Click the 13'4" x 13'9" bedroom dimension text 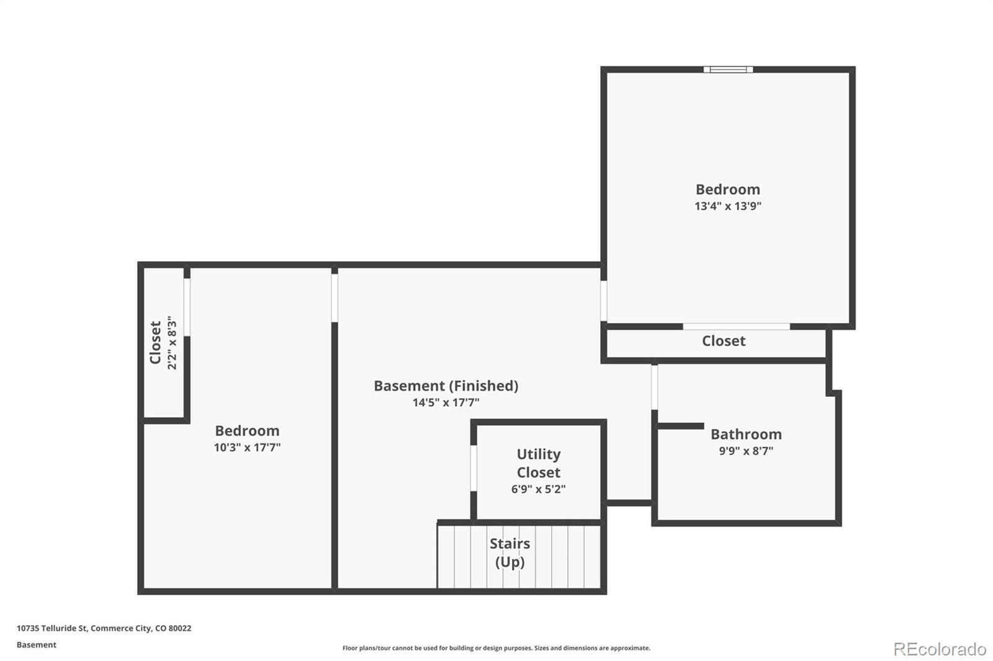coord(728,206)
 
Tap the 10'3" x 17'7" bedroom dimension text coord(248,448)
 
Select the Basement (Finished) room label coord(446,386)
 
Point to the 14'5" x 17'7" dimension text coord(446,402)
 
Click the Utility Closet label coord(539,463)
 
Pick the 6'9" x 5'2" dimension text coord(539,489)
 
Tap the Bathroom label coord(746,434)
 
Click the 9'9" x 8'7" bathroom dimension coord(746,451)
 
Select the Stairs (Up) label coord(510,553)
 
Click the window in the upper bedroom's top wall coord(728,69)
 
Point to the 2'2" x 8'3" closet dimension coord(172,343)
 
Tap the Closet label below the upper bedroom coord(724,341)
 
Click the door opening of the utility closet coord(474,468)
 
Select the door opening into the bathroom coord(654,387)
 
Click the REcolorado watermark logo coord(940,649)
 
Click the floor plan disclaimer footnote coord(496,648)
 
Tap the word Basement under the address coord(37,645)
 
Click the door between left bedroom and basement coord(335,298)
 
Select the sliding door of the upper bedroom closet coord(736,327)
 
